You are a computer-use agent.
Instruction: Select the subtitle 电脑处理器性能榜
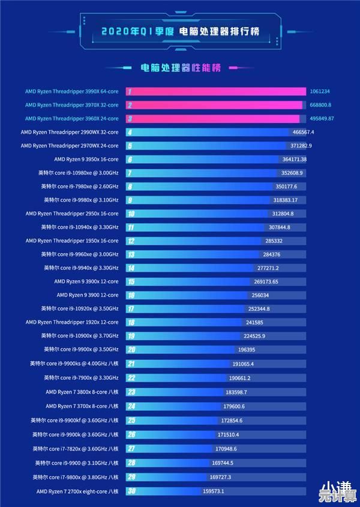pyautogui.click(x=180, y=68)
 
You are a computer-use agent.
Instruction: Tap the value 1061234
pyautogui.click(x=320, y=91)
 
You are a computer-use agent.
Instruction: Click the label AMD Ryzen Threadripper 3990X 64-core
pyautogui.click(x=72, y=91)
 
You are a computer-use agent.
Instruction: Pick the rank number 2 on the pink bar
pyautogui.click(x=130, y=105)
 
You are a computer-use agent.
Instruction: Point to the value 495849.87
pyautogui.click(x=322, y=119)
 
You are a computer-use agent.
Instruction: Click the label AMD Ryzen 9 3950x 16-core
pyautogui.click(x=86, y=159)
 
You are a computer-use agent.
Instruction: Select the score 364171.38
pyautogui.click(x=294, y=159)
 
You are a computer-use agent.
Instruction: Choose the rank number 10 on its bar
pyautogui.click(x=130, y=214)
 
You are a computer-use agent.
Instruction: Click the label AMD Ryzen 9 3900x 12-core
pyautogui.click(x=86, y=281)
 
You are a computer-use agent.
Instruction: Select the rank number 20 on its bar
pyautogui.click(x=130, y=349)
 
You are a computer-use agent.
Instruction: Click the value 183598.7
pyautogui.click(x=236, y=392)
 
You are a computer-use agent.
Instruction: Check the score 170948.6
pyautogui.click(x=226, y=448)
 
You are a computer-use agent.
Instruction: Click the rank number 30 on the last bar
pyautogui.click(x=130, y=491)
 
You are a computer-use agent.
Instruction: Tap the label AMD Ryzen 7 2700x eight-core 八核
pyautogui.click(x=77, y=491)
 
